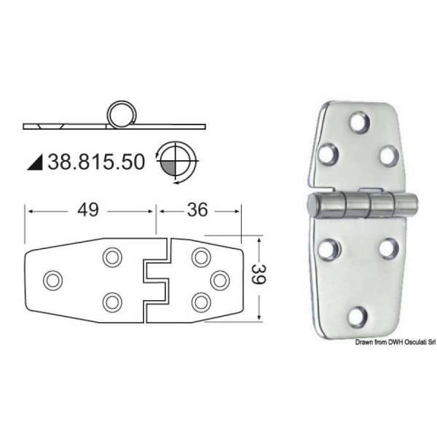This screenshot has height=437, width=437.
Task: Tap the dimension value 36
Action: point(197,210)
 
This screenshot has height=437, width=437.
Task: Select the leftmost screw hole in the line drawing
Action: point(52,280)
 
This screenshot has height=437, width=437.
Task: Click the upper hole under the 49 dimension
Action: point(111,257)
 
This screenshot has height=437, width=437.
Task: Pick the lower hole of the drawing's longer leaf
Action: point(111,301)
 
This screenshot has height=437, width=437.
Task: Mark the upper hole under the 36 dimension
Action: point(198,257)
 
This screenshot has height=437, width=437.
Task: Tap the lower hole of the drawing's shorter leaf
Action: point(198,301)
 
